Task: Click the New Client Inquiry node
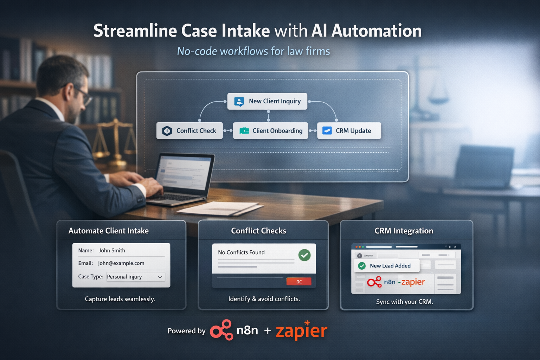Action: (267, 101)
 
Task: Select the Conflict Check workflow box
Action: (189, 131)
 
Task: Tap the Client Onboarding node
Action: (270, 131)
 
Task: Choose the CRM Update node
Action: (349, 131)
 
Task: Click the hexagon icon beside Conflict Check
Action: (167, 131)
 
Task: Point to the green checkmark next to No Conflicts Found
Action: (304, 255)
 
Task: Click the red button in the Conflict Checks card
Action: (299, 282)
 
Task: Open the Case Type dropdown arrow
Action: (160, 277)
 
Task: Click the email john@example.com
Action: (121, 263)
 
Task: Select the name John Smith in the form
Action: (112, 251)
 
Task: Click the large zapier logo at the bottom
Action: (301, 330)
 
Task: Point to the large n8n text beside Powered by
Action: (247, 330)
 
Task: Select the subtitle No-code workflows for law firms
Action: (253, 51)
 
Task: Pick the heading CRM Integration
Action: (404, 231)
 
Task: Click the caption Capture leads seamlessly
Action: (120, 299)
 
